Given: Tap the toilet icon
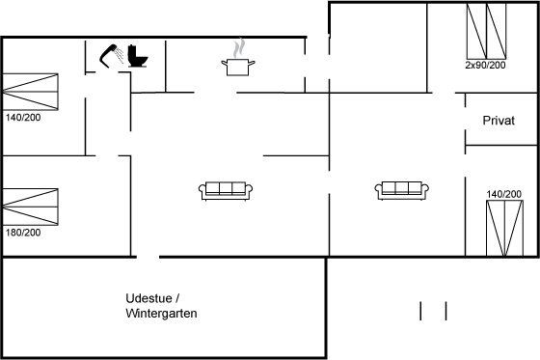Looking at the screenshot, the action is tap(138, 56).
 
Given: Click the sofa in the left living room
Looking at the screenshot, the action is tap(226, 191).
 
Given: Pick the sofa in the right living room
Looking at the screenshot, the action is tap(402, 190).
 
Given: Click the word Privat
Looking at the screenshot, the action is tap(499, 121).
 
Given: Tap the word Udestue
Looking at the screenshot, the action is tap(148, 298).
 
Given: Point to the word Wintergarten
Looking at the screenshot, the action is tap(161, 313).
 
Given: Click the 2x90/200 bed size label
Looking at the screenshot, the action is tap(485, 65).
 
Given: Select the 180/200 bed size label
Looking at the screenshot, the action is tap(23, 233).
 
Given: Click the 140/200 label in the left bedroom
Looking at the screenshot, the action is tap(23, 118).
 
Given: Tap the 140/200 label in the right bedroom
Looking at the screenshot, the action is tap(503, 194).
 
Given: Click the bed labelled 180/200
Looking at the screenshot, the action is tap(30, 207).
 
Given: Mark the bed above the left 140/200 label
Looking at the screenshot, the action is tap(30, 92).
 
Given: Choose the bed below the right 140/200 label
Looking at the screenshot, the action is tap(505, 228).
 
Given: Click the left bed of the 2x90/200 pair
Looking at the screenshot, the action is tap(476, 32).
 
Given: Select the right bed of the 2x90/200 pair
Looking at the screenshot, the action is tap(497, 32).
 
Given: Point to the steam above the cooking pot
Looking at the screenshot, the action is tap(239, 48).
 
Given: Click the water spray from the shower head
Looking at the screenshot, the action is tap(120, 56).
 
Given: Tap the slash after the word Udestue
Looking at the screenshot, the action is tap(177, 298).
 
